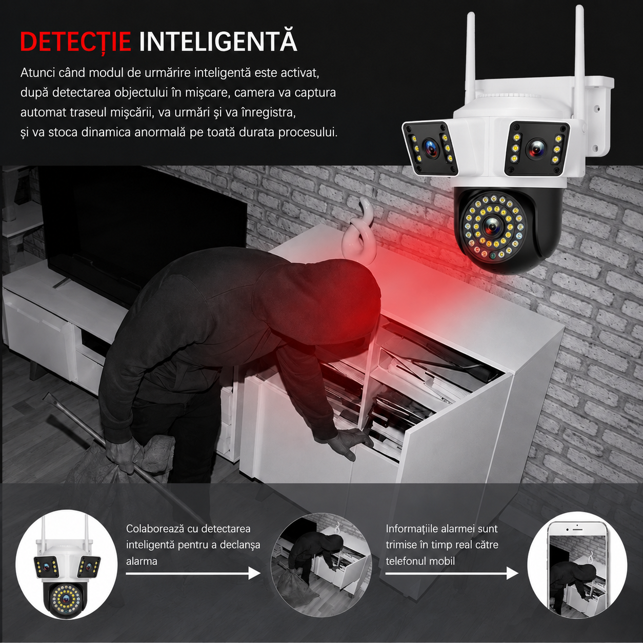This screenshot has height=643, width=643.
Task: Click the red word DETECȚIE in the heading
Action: point(75,42)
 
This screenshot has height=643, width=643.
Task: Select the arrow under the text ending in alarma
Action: point(193,582)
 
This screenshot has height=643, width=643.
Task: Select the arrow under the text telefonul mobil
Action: point(452,582)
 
